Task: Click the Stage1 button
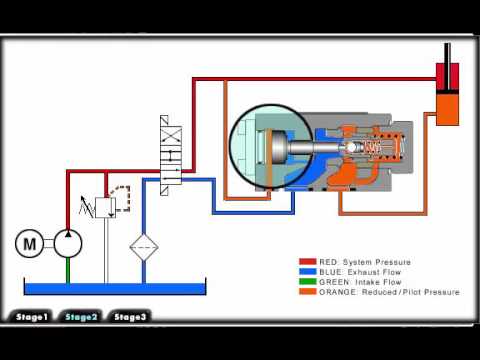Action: tap(31, 317)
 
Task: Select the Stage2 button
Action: tap(80, 317)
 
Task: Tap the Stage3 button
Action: tap(130, 317)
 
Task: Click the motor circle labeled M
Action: tap(30, 243)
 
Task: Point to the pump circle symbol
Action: tap(67, 243)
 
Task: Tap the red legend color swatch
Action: tap(307, 262)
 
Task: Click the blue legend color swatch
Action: tap(307, 272)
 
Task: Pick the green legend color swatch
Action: tap(307, 282)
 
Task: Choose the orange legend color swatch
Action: tap(307, 292)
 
